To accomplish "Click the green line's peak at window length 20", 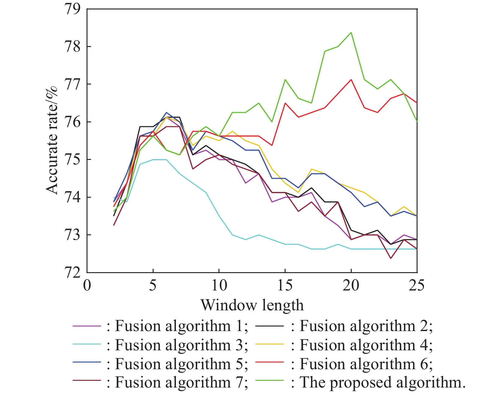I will (x=351, y=32).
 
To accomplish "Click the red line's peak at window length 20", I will (x=351, y=80).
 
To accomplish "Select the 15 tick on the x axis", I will (x=285, y=286).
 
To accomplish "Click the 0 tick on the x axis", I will (x=87, y=286).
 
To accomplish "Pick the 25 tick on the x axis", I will (x=417, y=286).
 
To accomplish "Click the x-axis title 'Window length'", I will (x=252, y=305).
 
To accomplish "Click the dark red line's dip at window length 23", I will (x=390, y=258).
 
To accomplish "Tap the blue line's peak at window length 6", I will (x=166, y=113).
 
